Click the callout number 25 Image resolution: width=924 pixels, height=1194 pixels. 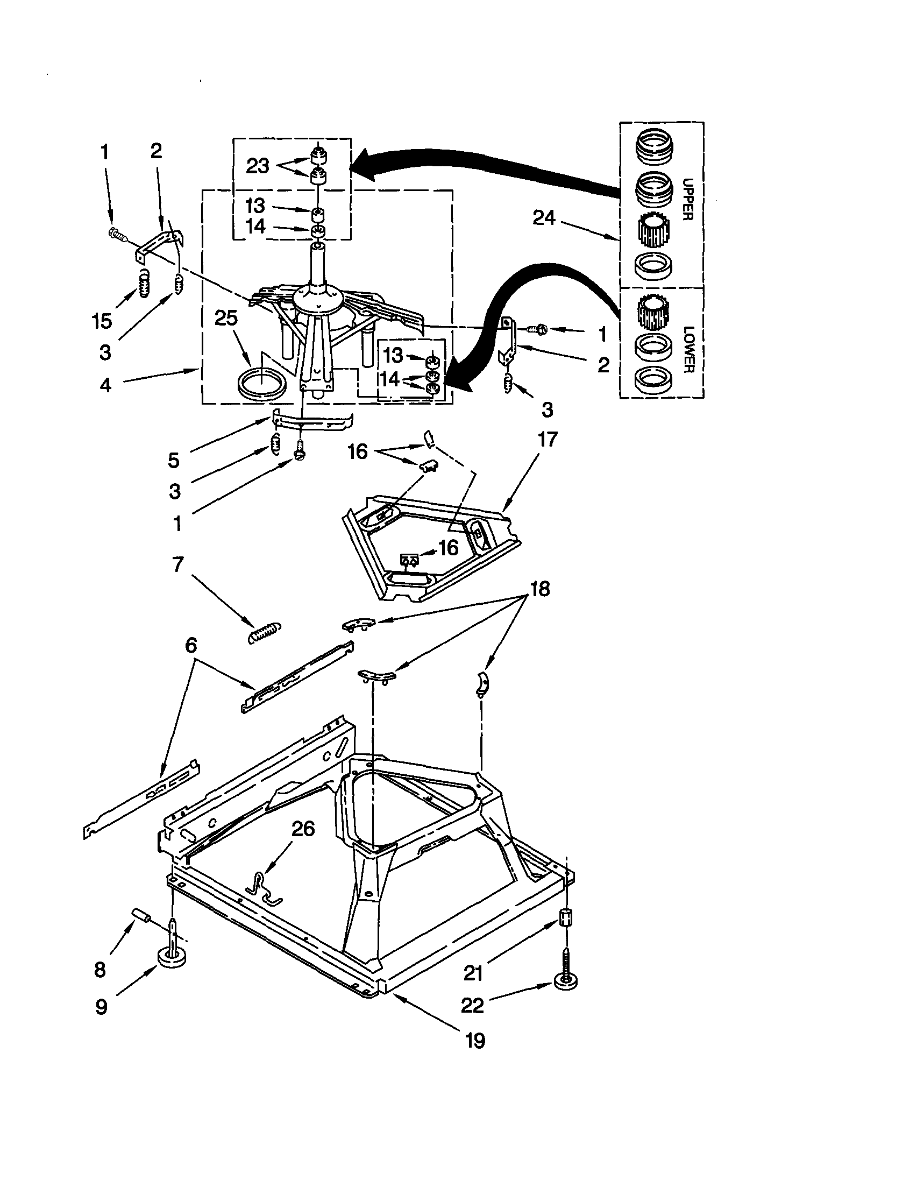pos(226,318)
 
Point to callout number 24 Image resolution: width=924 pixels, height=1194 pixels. pos(544,218)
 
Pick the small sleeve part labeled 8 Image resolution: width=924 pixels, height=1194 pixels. pos(141,915)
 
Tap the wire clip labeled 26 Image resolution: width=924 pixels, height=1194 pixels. pos(261,887)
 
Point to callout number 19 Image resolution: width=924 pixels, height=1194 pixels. pos(475,1041)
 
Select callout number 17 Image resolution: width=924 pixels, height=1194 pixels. pos(548,440)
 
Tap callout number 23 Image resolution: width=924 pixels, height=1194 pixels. pos(258,166)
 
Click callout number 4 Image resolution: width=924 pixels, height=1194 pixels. pos(105,385)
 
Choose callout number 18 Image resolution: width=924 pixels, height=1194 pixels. pos(540,589)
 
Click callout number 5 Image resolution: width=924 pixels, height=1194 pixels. pos(173,460)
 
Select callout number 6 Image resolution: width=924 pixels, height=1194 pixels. pos(190,646)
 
